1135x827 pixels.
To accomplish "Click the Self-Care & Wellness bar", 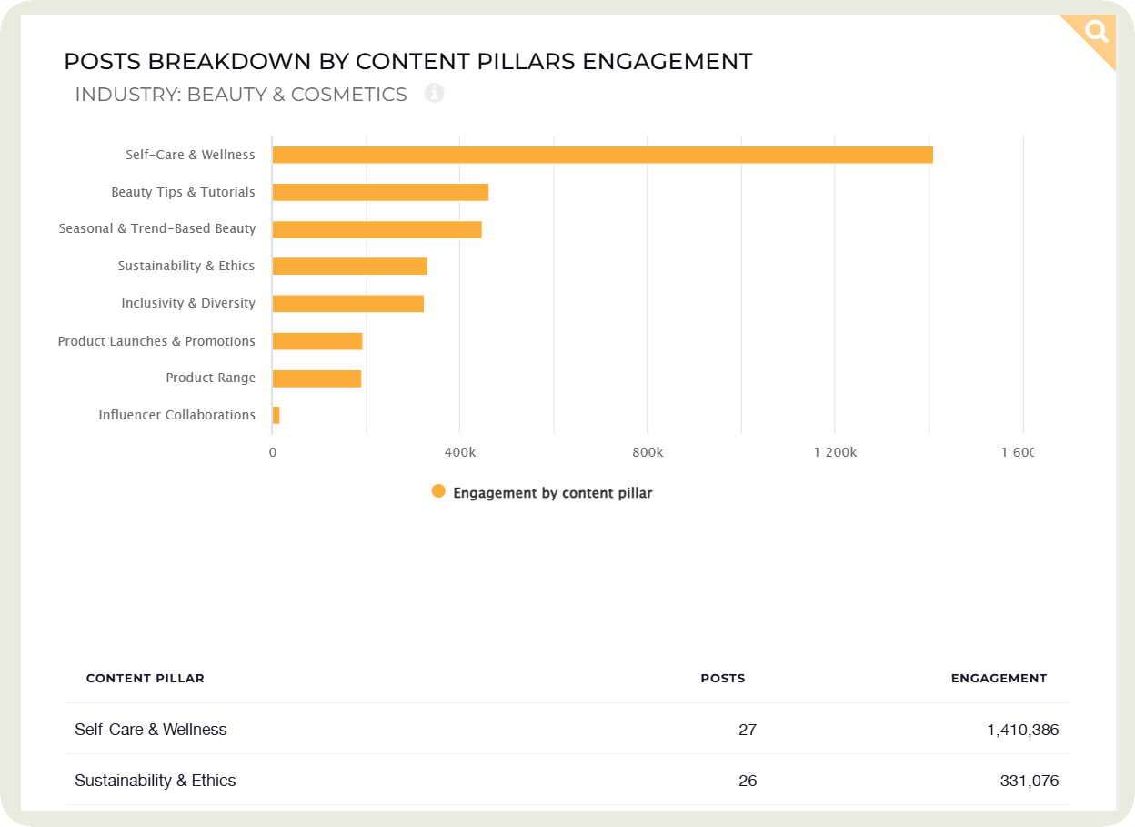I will [602, 155].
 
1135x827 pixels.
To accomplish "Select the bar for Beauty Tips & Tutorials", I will [380, 192].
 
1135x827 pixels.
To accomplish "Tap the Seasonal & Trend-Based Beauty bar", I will [377, 229].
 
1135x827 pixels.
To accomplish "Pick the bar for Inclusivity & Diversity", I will [347, 304].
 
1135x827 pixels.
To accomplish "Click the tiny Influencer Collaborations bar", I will [276, 415].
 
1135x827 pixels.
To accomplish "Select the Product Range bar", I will [316, 378].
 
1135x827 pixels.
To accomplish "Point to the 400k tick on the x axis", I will [459, 452].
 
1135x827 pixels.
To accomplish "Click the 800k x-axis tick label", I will [647, 452].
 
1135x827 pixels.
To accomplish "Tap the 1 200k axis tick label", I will [835, 452].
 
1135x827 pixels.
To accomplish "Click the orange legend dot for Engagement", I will [438, 491].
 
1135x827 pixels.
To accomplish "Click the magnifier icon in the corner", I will [1097, 33].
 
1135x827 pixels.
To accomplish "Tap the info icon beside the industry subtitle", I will [434, 93].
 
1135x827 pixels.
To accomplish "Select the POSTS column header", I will [722, 678].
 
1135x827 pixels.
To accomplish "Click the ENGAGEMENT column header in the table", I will [999, 678].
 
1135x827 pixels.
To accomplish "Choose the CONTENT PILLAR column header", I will [146, 678].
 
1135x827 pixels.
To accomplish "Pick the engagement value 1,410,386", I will [1022, 730].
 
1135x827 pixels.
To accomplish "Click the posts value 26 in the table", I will [748, 781].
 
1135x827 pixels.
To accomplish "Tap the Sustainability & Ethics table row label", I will [156, 781].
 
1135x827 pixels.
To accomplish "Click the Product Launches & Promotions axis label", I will [156, 341].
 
